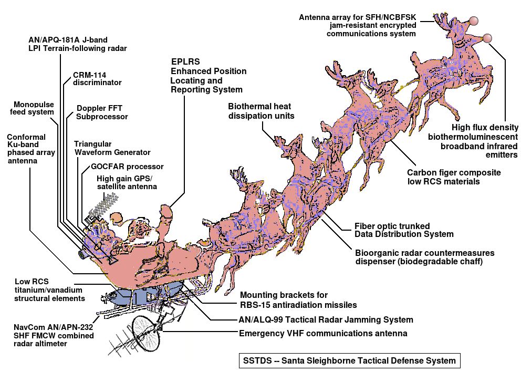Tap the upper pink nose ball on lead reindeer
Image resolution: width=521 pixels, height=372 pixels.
pos(474,21)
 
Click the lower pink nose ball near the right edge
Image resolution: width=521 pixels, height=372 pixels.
pos(487,38)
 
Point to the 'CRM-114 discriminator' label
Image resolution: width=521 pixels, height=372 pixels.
pos(97,78)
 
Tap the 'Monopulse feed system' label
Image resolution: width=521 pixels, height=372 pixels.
pos(34,108)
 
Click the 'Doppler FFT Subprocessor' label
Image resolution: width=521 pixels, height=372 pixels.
pos(102,112)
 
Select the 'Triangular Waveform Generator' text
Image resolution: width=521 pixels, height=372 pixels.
pos(112,148)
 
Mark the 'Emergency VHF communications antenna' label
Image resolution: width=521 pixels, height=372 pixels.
pos(322,333)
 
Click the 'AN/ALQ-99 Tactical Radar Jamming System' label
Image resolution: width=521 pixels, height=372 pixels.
pos(326,319)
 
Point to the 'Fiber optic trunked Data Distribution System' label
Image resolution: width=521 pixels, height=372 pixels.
pos(397,230)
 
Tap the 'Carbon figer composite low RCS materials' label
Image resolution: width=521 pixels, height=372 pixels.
pos(454,177)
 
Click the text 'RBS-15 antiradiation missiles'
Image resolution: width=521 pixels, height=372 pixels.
pos(298,305)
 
